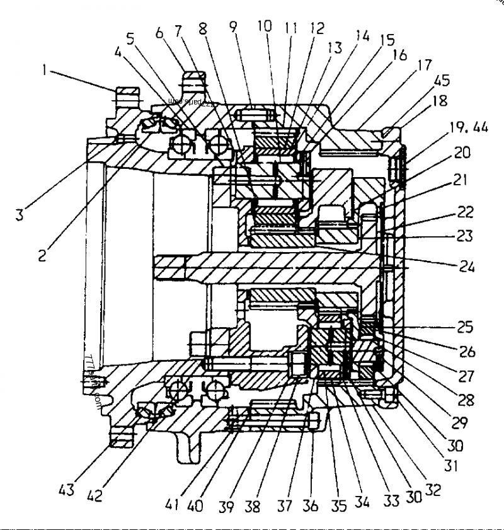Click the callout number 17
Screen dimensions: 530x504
(x=423, y=65)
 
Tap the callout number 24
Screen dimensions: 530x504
(x=467, y=266)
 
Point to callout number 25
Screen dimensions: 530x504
(x=466, y=328)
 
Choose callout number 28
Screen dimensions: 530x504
(x=466, y=400)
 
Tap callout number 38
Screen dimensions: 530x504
(x=253, y=506)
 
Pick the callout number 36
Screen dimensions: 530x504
(x=311, y=506)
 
